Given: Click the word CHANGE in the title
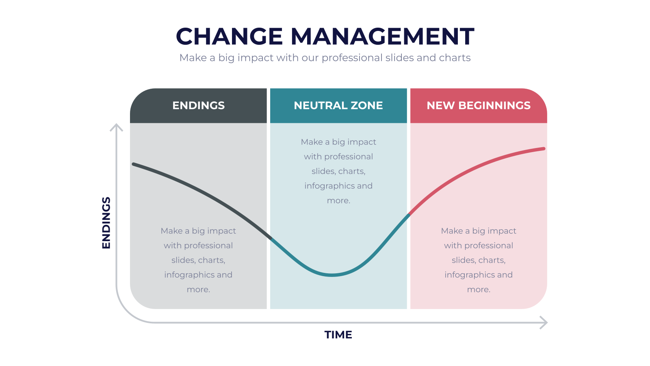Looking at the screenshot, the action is pos(229,36).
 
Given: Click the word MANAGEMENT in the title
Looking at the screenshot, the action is pos(382,36).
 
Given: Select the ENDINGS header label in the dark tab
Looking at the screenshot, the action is pos(199,105).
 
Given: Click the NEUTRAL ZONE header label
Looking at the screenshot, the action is pos(338,105).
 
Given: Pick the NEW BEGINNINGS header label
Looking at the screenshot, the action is pos(479,105).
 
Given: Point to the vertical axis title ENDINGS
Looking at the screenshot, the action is pos(106,223).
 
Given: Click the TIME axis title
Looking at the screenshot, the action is pos(338,335).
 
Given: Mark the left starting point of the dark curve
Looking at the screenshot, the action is pos(134,164).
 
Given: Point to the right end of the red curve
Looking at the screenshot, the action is pos(544,149).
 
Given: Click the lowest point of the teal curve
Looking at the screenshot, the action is pos(332,275).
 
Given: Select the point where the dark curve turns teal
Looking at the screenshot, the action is pos(271,238).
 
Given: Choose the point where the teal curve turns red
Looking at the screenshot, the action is pos(409,214).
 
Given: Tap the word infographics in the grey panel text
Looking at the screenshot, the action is pos(187,275).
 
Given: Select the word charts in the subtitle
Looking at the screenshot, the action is pos(455,58).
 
